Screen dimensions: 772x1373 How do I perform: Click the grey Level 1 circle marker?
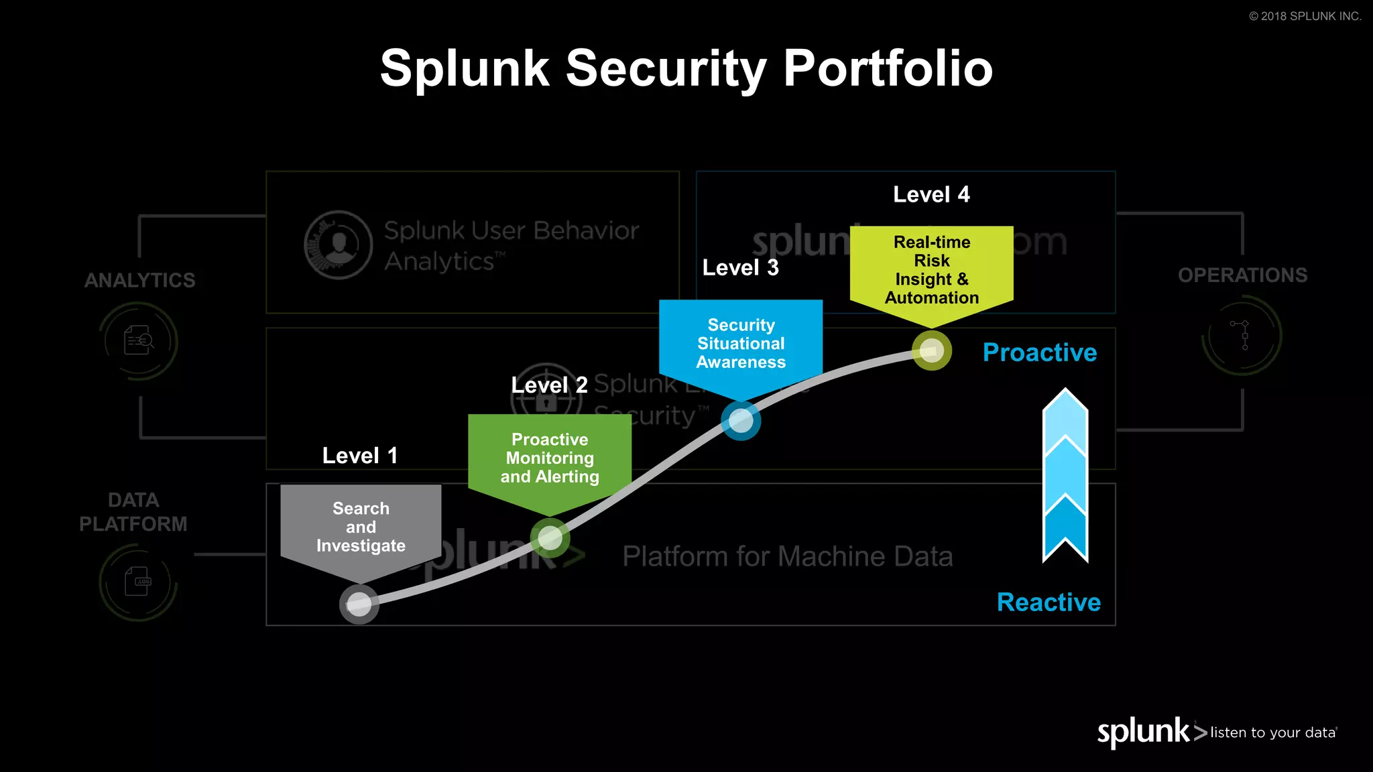359,604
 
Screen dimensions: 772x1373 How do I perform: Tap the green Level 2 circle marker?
550,537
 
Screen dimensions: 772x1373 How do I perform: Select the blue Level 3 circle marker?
741,421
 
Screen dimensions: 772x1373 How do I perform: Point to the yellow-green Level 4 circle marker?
932,350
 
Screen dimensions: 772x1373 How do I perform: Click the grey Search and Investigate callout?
361,527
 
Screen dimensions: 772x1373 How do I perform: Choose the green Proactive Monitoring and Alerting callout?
550,458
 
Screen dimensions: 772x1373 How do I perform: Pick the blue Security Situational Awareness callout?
741,344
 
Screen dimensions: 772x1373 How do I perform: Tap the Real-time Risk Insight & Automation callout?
932,270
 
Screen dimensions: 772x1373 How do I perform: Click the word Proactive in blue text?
1040,352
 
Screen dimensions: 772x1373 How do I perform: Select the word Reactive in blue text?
1049,602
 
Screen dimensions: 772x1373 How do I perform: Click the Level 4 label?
931,194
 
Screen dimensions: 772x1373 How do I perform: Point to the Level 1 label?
360,456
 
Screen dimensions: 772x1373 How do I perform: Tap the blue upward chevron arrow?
1065,476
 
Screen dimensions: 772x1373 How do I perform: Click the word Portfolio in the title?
888,68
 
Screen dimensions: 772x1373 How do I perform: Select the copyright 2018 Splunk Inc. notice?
1305,16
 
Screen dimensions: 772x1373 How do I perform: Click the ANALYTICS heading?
139,280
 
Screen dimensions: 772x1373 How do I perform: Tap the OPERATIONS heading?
1242,275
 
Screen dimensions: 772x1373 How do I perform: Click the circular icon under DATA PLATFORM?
138,582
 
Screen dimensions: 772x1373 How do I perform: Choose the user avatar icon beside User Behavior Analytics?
339,245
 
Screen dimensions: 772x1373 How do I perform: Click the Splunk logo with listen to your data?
1216,732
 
